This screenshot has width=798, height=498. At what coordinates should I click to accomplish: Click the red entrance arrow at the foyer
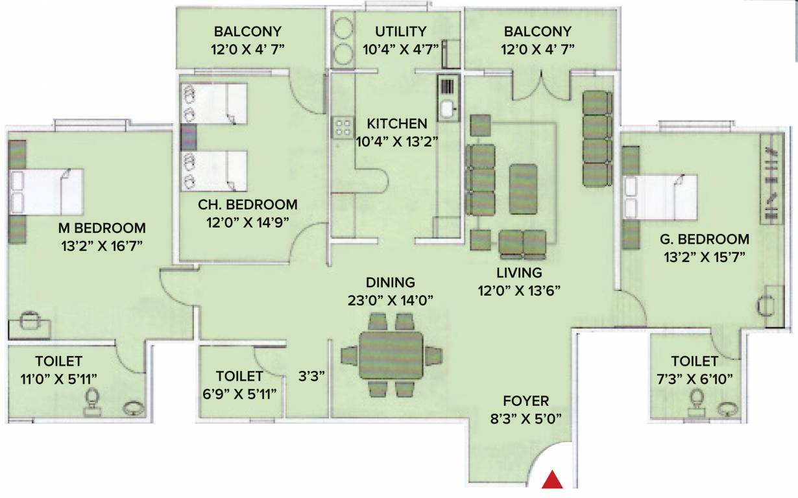[x=552, y=479]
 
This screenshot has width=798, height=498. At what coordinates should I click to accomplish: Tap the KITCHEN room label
[x=397, y=123]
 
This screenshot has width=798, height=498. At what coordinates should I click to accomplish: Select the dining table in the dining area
[x=391, y=355]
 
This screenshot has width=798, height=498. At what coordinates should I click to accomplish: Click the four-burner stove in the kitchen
[x=342, y=127]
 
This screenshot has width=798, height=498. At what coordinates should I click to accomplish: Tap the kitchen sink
[x=448, y=108]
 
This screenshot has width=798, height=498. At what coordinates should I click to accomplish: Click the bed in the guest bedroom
[x=660, y=197]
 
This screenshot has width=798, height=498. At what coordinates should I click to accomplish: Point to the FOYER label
[x=526, y=401]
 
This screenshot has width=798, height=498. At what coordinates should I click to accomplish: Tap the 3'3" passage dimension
[x=311, y=375]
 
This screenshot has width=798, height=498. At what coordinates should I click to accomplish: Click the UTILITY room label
[x=400, y=31]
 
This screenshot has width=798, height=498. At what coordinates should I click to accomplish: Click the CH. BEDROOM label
[x=248, y=205]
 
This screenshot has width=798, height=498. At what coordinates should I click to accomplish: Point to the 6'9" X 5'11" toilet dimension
[x=240, y=393]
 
